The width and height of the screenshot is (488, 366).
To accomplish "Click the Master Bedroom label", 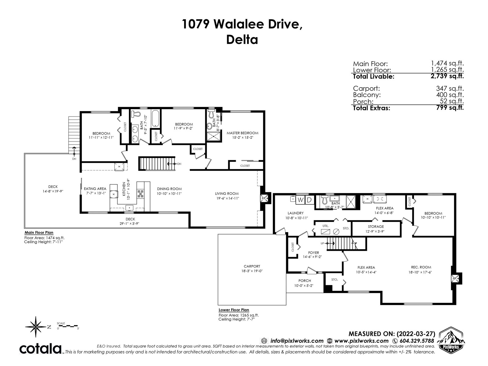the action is (242, 133).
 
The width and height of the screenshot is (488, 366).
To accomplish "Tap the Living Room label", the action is (227, 194).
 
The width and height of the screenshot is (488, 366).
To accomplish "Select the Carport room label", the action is (252, 266).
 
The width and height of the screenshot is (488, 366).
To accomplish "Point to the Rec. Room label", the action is (421, 267).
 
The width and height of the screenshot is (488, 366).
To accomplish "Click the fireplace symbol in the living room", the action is (264, 198).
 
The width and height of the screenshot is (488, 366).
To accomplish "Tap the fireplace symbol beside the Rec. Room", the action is (455, 279).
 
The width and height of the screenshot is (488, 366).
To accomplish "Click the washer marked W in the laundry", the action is (300, 200).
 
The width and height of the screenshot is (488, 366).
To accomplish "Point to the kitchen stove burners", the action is (141, 194).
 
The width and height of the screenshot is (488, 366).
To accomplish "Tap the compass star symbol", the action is (36, 327).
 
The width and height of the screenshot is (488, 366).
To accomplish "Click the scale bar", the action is (67, 326).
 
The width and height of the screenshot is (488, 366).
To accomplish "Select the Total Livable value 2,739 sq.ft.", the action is (447, 76).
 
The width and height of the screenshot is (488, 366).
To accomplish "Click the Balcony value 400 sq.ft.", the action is (450, 95).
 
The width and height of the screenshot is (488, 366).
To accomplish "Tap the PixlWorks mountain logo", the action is (451, 339).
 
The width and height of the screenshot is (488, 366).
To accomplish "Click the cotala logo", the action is (40, 349).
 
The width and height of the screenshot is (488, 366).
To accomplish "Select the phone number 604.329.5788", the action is (417, 341).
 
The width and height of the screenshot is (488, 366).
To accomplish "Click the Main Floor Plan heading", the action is (39, 233).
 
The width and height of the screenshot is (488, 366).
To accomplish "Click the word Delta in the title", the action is (242, 40).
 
